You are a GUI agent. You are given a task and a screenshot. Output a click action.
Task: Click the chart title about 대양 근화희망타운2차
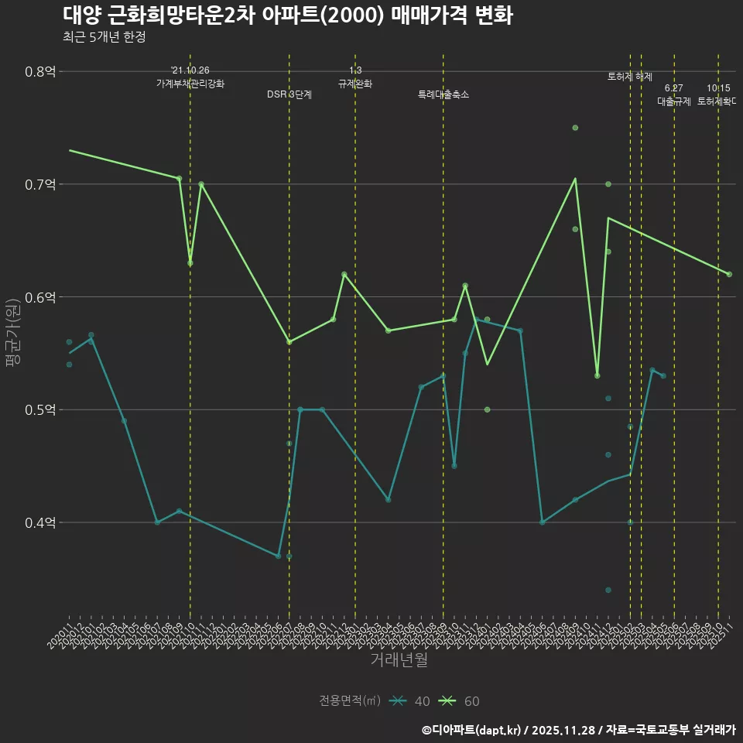(287, 16)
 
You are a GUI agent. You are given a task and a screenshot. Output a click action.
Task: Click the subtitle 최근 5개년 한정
(104, 37)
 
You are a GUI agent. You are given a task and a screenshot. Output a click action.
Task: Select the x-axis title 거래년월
(399, 660)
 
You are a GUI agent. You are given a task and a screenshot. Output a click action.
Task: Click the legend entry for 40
(410, 701)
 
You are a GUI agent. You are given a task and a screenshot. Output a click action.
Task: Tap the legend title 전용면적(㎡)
(350, 701)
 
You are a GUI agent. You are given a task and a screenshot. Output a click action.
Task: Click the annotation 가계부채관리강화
(190, 84)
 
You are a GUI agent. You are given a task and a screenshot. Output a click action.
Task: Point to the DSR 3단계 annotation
(289, 94)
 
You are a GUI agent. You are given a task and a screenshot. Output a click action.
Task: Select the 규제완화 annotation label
(355, 84)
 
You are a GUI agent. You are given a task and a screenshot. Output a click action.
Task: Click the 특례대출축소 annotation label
(443, 94)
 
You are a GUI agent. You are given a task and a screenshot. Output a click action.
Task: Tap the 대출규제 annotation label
(674, 101)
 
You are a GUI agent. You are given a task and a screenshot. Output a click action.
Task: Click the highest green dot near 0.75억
(575, 128)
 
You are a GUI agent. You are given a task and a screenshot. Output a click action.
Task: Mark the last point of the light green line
(729, 274)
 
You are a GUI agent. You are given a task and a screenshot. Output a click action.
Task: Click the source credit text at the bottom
(578, 729)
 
